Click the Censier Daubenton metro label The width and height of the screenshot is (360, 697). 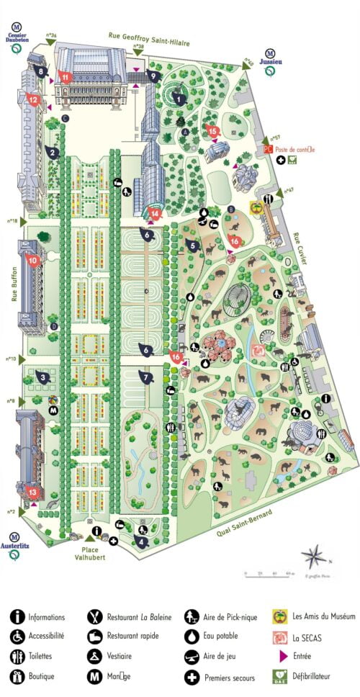click(x=18, y=38)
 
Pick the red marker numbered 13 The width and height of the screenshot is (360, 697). click(x=32, y=493)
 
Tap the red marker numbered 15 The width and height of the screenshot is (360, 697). click(x=212, y=130)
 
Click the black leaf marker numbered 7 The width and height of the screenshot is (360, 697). click(x=146, y=377)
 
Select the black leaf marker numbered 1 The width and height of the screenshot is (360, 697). click(x=180, y=100)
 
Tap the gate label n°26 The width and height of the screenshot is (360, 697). click(x=51, y=35)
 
